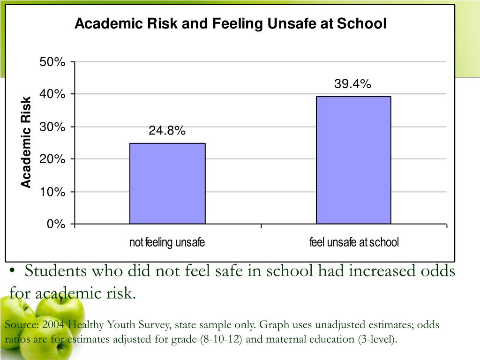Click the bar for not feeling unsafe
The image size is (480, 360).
coord(167,183)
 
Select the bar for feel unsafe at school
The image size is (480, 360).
coord(353,160)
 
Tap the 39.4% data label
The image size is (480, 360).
coord(352,84)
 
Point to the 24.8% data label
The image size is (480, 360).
coord(167,131)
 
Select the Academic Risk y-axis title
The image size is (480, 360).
coord(26,142)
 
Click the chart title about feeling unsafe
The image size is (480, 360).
coord(231,24)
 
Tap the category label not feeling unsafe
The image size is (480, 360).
coord(167,243)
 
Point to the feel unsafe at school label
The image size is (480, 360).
coord(354,243)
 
